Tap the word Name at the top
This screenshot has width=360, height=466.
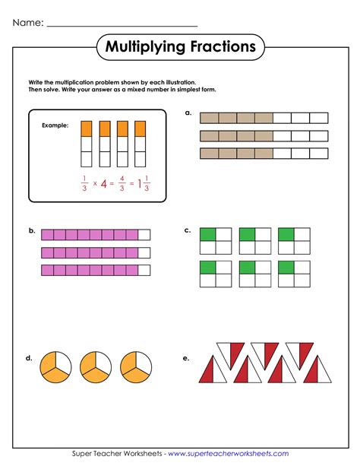click(x=27, y=24)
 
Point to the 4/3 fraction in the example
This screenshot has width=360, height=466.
click(x=122, y=183)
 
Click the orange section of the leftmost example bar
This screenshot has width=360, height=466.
click(x=87, y=128)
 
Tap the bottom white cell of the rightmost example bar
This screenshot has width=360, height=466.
click(x=140, y=159)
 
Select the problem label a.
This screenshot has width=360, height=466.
click(x=188, y=112)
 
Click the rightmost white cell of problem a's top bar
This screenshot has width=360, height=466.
click(x=320, y=118)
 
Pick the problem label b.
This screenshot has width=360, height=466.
click(x=32, y=229)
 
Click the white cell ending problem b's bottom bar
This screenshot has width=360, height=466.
click(x=144, y=271)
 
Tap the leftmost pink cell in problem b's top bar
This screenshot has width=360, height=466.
click(x=47, y=235)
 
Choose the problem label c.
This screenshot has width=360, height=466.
click(x=188, y=229)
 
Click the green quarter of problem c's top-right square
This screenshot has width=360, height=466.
click(x=286, y=234)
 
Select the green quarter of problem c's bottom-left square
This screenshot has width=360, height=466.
click(x=207, y=267)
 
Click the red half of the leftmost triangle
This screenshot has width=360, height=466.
click(x=207, y=373)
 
